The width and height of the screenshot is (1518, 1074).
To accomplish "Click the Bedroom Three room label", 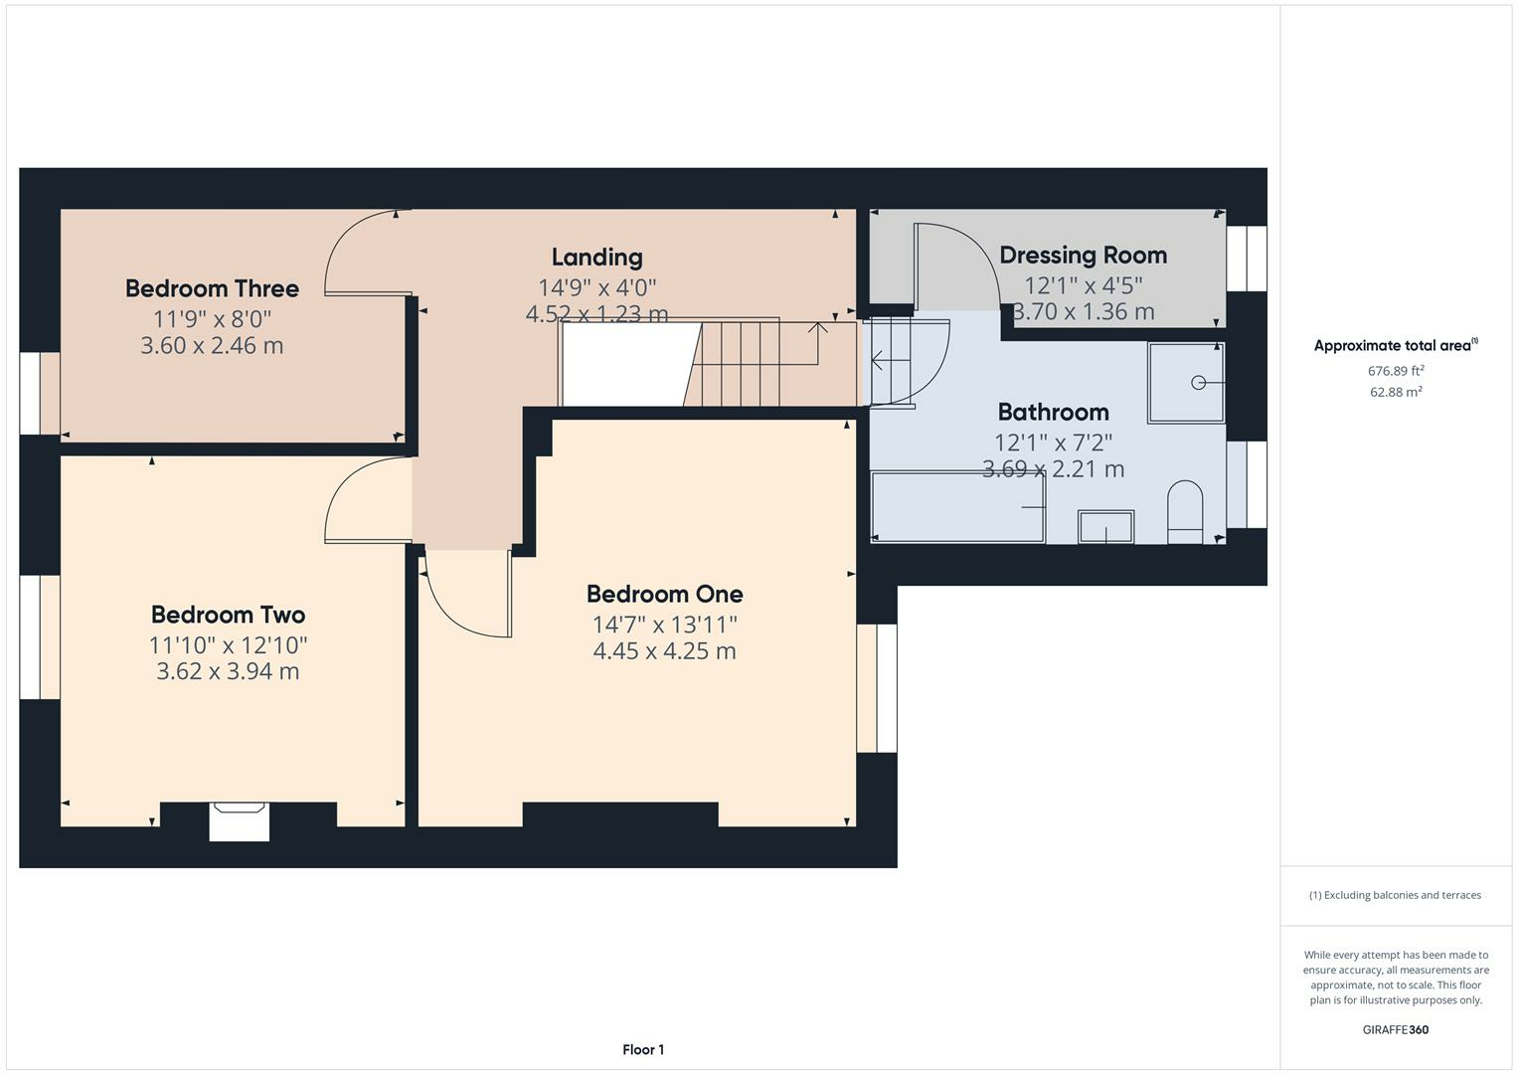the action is coord(212,288).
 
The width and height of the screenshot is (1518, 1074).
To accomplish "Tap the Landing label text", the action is coord(597,258).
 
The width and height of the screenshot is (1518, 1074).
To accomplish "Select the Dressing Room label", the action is coord(1083,256).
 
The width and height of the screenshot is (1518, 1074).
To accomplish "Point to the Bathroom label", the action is coord(1053,413).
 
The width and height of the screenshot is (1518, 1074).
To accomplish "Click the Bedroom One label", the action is coord(665,595).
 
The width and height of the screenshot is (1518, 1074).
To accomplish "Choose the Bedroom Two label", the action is coord(228,615).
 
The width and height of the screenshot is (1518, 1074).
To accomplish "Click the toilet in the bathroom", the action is coord(1185,512).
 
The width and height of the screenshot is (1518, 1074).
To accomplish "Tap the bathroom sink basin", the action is coord(1106,527).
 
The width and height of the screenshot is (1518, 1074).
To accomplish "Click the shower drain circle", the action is coord(1198,383).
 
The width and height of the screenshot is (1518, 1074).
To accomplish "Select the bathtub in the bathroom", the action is coord(958,507).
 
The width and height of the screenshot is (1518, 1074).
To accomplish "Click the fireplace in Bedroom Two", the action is coord(240,821).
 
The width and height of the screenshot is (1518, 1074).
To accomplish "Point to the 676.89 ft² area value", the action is coord(1396,371).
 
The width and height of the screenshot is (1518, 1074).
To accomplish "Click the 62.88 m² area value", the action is coord(1396,392).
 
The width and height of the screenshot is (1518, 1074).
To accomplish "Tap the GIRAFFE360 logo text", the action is coord(1396,1030).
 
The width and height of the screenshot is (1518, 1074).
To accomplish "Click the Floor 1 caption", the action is coord(643,1049).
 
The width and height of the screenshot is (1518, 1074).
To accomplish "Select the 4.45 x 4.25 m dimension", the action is coord(664,651).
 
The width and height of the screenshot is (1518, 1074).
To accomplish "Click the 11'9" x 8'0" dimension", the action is coord(212,318).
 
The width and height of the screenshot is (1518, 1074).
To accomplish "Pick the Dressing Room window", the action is coord(1247,259).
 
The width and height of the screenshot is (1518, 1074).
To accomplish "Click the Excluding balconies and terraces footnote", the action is coord(1395,895).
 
